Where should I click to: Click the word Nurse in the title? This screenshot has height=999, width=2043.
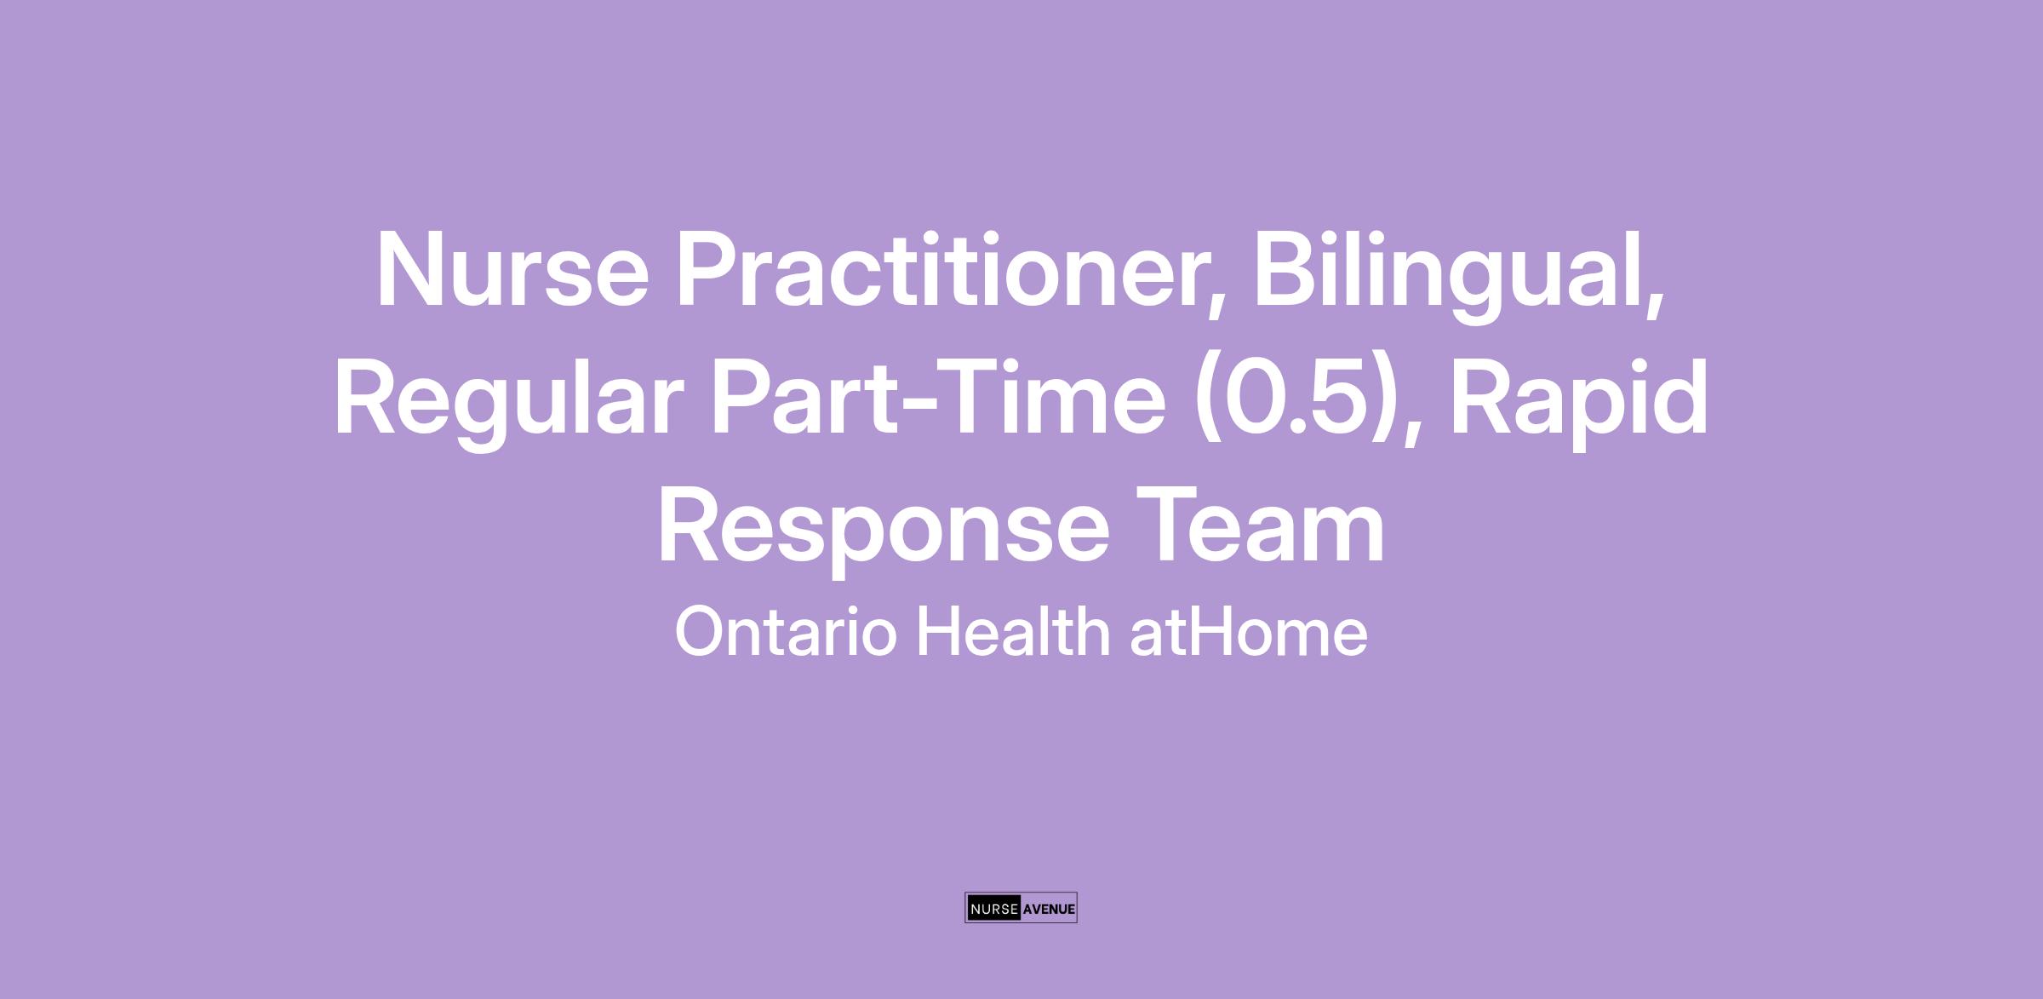click(512, 268)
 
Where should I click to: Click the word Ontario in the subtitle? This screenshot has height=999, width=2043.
click(786, 631)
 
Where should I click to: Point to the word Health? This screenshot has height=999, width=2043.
click(1012, 631)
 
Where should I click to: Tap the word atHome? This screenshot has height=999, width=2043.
click(1249, 631)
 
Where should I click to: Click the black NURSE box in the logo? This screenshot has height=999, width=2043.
click(994, 909)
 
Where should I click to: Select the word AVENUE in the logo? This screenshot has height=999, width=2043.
click(1049, 909)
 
